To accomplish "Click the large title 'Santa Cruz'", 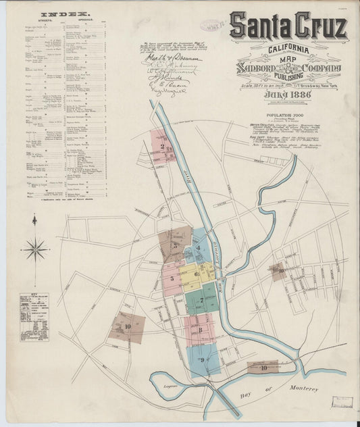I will pyautogui.click(x=288, y=26).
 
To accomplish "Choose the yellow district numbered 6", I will pyautogui.click(x=197, y=274).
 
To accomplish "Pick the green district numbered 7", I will pyautogui.click(x=201, y=300).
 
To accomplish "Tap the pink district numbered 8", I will pyautogui.click(x=201, y=329).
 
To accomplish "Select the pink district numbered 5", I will pyautogui.click(x=173, y=278).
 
